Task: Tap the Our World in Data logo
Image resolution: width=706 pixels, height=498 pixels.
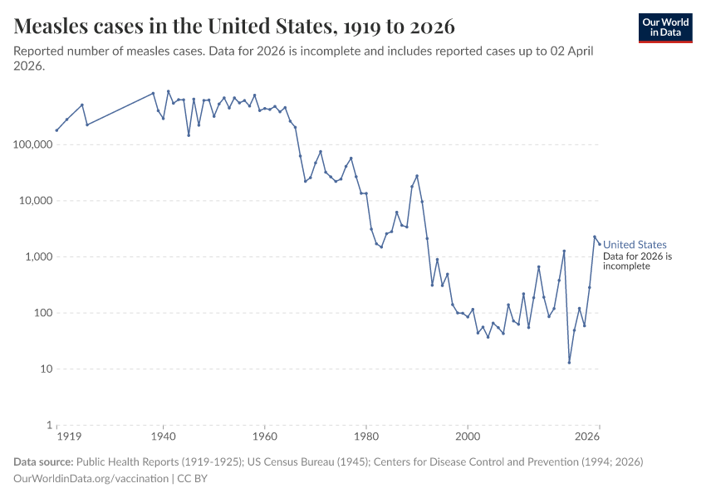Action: point(664,27)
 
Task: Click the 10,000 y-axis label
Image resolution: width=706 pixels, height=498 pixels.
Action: point(33,201)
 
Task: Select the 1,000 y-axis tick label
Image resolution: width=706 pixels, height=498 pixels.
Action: point(37,256)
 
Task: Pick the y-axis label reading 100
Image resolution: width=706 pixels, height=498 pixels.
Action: point(42,313)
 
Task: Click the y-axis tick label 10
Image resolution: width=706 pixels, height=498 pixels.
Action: point(46,369)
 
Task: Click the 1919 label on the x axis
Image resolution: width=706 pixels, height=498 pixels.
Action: point(68,436)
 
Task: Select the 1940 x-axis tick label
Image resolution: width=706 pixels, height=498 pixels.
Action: point(163,436)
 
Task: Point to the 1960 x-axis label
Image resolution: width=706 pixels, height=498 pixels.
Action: point(264,436)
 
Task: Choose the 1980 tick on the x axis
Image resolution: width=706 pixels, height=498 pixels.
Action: point(365,436)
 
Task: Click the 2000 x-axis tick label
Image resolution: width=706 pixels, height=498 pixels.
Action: point(468,436)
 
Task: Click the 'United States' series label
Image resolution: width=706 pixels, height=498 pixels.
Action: point(635,245)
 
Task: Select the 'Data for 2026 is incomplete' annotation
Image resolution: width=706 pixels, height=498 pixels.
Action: point(637,261)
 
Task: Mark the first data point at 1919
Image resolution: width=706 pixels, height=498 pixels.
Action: point(56,130)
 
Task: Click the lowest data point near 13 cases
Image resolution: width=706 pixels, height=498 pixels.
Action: point(569,362)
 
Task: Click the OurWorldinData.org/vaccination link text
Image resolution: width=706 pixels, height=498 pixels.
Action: point(91,479)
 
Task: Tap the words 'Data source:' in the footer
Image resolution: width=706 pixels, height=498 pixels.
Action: point(43,461)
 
